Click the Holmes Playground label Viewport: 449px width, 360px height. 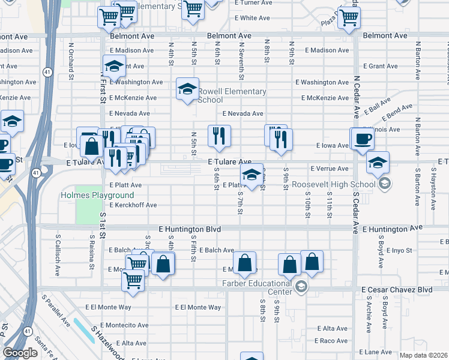coord(97,196)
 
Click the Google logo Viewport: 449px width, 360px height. coord(20,353)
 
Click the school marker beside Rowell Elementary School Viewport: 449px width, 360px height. coord(187,90)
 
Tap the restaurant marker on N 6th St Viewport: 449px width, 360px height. coord(219,136)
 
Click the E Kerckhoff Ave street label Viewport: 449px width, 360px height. coord(133,205)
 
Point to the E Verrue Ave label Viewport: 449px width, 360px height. coord(329,169)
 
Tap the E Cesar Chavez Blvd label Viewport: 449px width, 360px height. coord(397,289)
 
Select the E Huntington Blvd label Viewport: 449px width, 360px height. coord(190,230)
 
